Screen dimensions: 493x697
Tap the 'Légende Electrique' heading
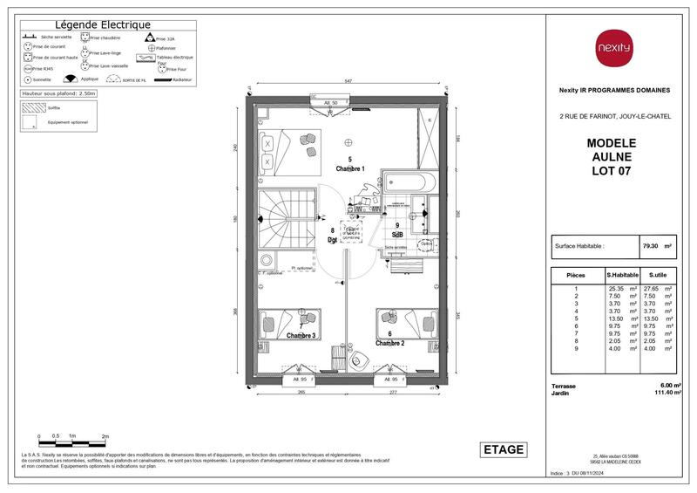coord(103,25)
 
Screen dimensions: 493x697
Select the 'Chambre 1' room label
coord(349,168)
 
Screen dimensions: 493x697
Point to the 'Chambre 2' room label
coord(391,343)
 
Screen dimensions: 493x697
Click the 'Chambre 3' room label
coord(301,335)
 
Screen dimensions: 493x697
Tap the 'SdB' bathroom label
coord(397,234)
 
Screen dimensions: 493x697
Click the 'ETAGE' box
coord(504,449)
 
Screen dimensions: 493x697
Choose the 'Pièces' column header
coord(576,275)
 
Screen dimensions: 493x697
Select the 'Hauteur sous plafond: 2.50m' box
coord(59,92)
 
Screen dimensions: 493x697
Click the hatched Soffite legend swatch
coord(32,108)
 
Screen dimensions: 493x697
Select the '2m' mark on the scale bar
coord(105,435)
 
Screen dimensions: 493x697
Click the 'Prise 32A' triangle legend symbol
coord(148,38)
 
